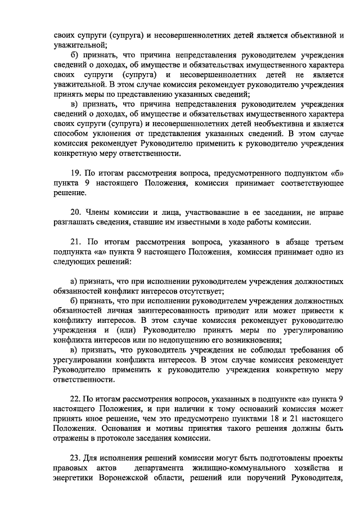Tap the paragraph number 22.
pos(76,398)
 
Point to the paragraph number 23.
pos(76,458)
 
